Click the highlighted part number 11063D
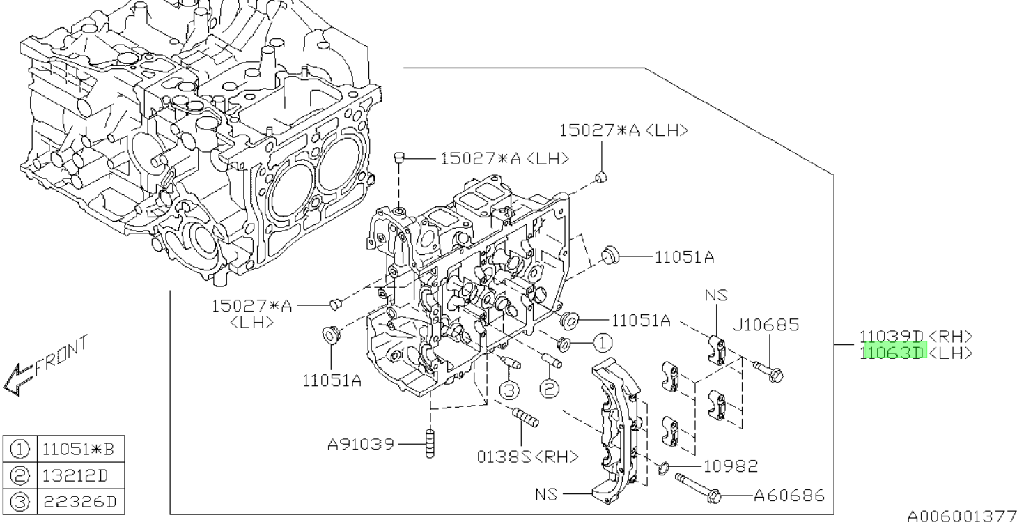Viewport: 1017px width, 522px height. point(892,353)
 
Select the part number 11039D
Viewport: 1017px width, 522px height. point(892,337)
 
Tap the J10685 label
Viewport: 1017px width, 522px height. point(766,325)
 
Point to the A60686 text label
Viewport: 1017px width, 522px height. point(789,496)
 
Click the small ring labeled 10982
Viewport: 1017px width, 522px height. point(663,468)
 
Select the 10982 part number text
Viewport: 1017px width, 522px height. point(731,466)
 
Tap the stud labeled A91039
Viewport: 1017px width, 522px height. point(430,443)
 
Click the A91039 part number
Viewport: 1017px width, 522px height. point(361,444)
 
